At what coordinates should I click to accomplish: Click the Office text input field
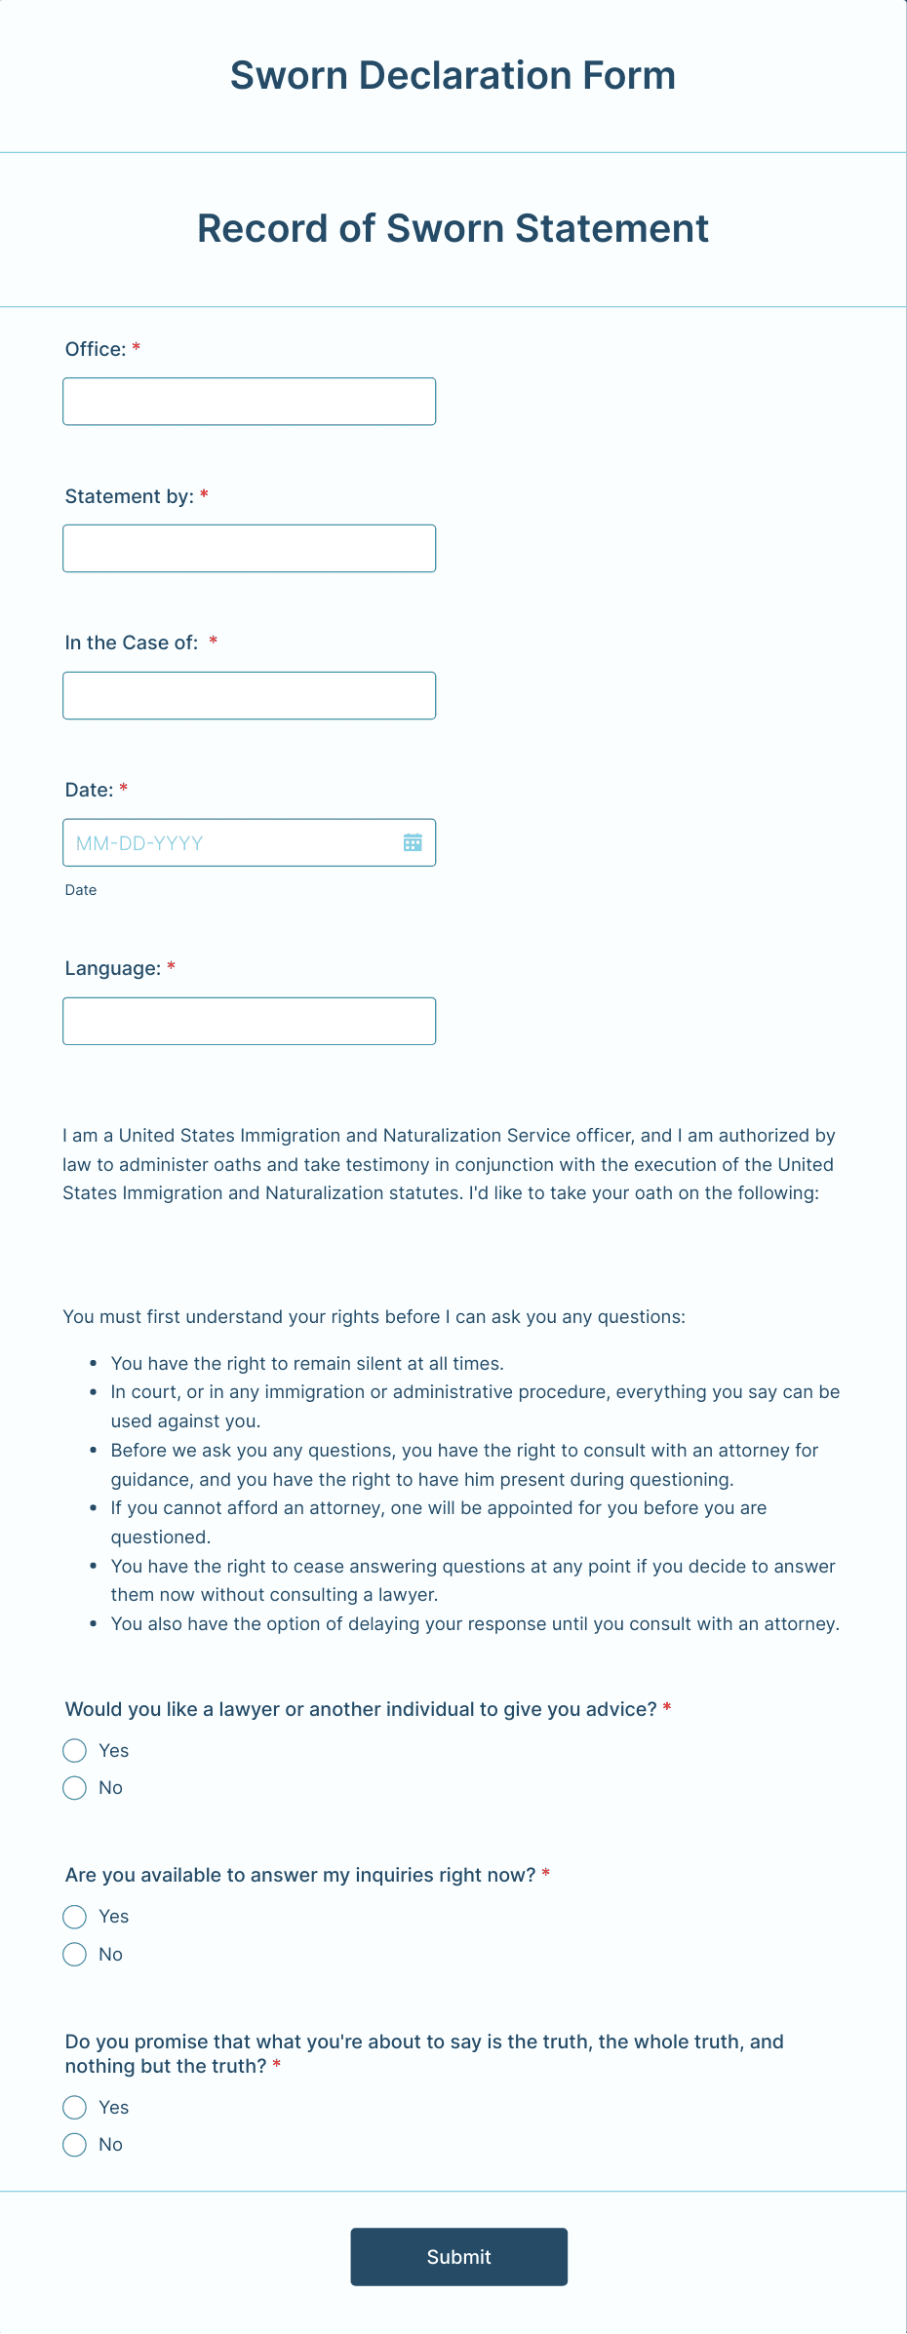(x=249, y=402)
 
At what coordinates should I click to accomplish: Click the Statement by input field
(x=249, y=549)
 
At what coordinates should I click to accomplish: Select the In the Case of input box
(x=249, y=696)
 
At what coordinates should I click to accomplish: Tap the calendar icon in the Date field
(x=413, y=842)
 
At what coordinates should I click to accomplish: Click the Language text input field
(x=249, y=1021)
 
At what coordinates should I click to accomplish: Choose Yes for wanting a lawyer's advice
(x=75, y=1751)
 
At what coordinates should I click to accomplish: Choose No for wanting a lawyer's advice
(x=75, y=1788)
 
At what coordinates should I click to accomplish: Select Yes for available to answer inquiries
(x=75, y=1917)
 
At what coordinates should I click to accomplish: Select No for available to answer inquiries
(x=75, y=1955)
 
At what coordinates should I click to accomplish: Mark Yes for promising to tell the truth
(x=75, y=2108)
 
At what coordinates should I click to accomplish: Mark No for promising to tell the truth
(x=75, y=2145)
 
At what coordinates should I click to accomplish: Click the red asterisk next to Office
(x=137, y=348)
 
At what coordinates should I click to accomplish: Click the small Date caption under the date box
(x=81, y=890)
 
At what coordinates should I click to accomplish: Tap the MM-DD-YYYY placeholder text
(x=139, y=843)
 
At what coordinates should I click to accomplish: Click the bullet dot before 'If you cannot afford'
(x=93, y=1508)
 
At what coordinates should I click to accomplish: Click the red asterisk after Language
(x=172, y=967)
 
